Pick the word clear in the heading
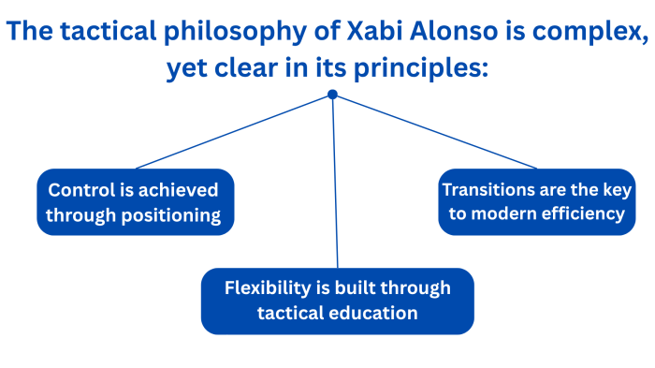266,69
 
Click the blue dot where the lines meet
332,95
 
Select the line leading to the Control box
234,131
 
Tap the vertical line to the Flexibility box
335,187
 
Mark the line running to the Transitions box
430,131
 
